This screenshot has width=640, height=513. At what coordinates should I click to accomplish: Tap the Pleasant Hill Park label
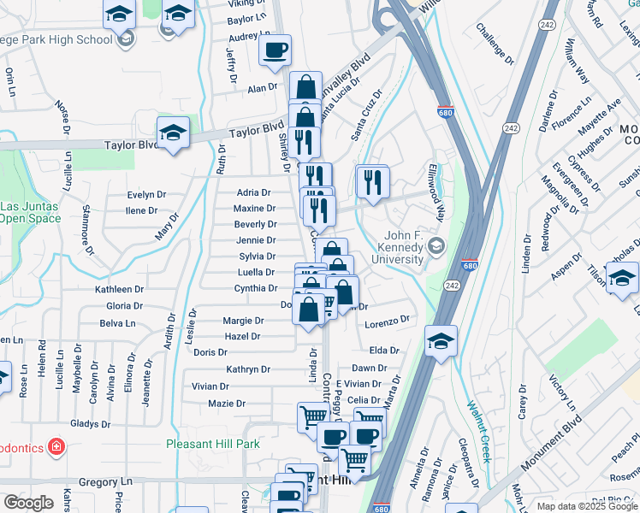(x=212, y=444)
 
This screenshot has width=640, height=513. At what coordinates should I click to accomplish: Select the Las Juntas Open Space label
(x=31, y=212)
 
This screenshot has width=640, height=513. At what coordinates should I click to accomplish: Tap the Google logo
(x=28, y=503)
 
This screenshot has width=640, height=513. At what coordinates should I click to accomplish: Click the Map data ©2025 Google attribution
(x=586, y=506)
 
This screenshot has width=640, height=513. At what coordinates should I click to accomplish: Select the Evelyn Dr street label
(x=145, y=194)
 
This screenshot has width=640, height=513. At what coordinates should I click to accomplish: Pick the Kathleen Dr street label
(x=119, y=290)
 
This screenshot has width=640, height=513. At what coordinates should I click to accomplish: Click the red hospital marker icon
(x=56, y=446)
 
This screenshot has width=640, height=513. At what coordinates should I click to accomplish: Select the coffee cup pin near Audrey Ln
(x=275, y=51)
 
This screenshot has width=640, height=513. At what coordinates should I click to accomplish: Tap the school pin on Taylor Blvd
(x=173, y=133)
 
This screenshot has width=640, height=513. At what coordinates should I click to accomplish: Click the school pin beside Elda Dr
(x=441, y=341)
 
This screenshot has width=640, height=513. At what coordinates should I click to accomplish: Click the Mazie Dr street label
(x=228, y=403)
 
